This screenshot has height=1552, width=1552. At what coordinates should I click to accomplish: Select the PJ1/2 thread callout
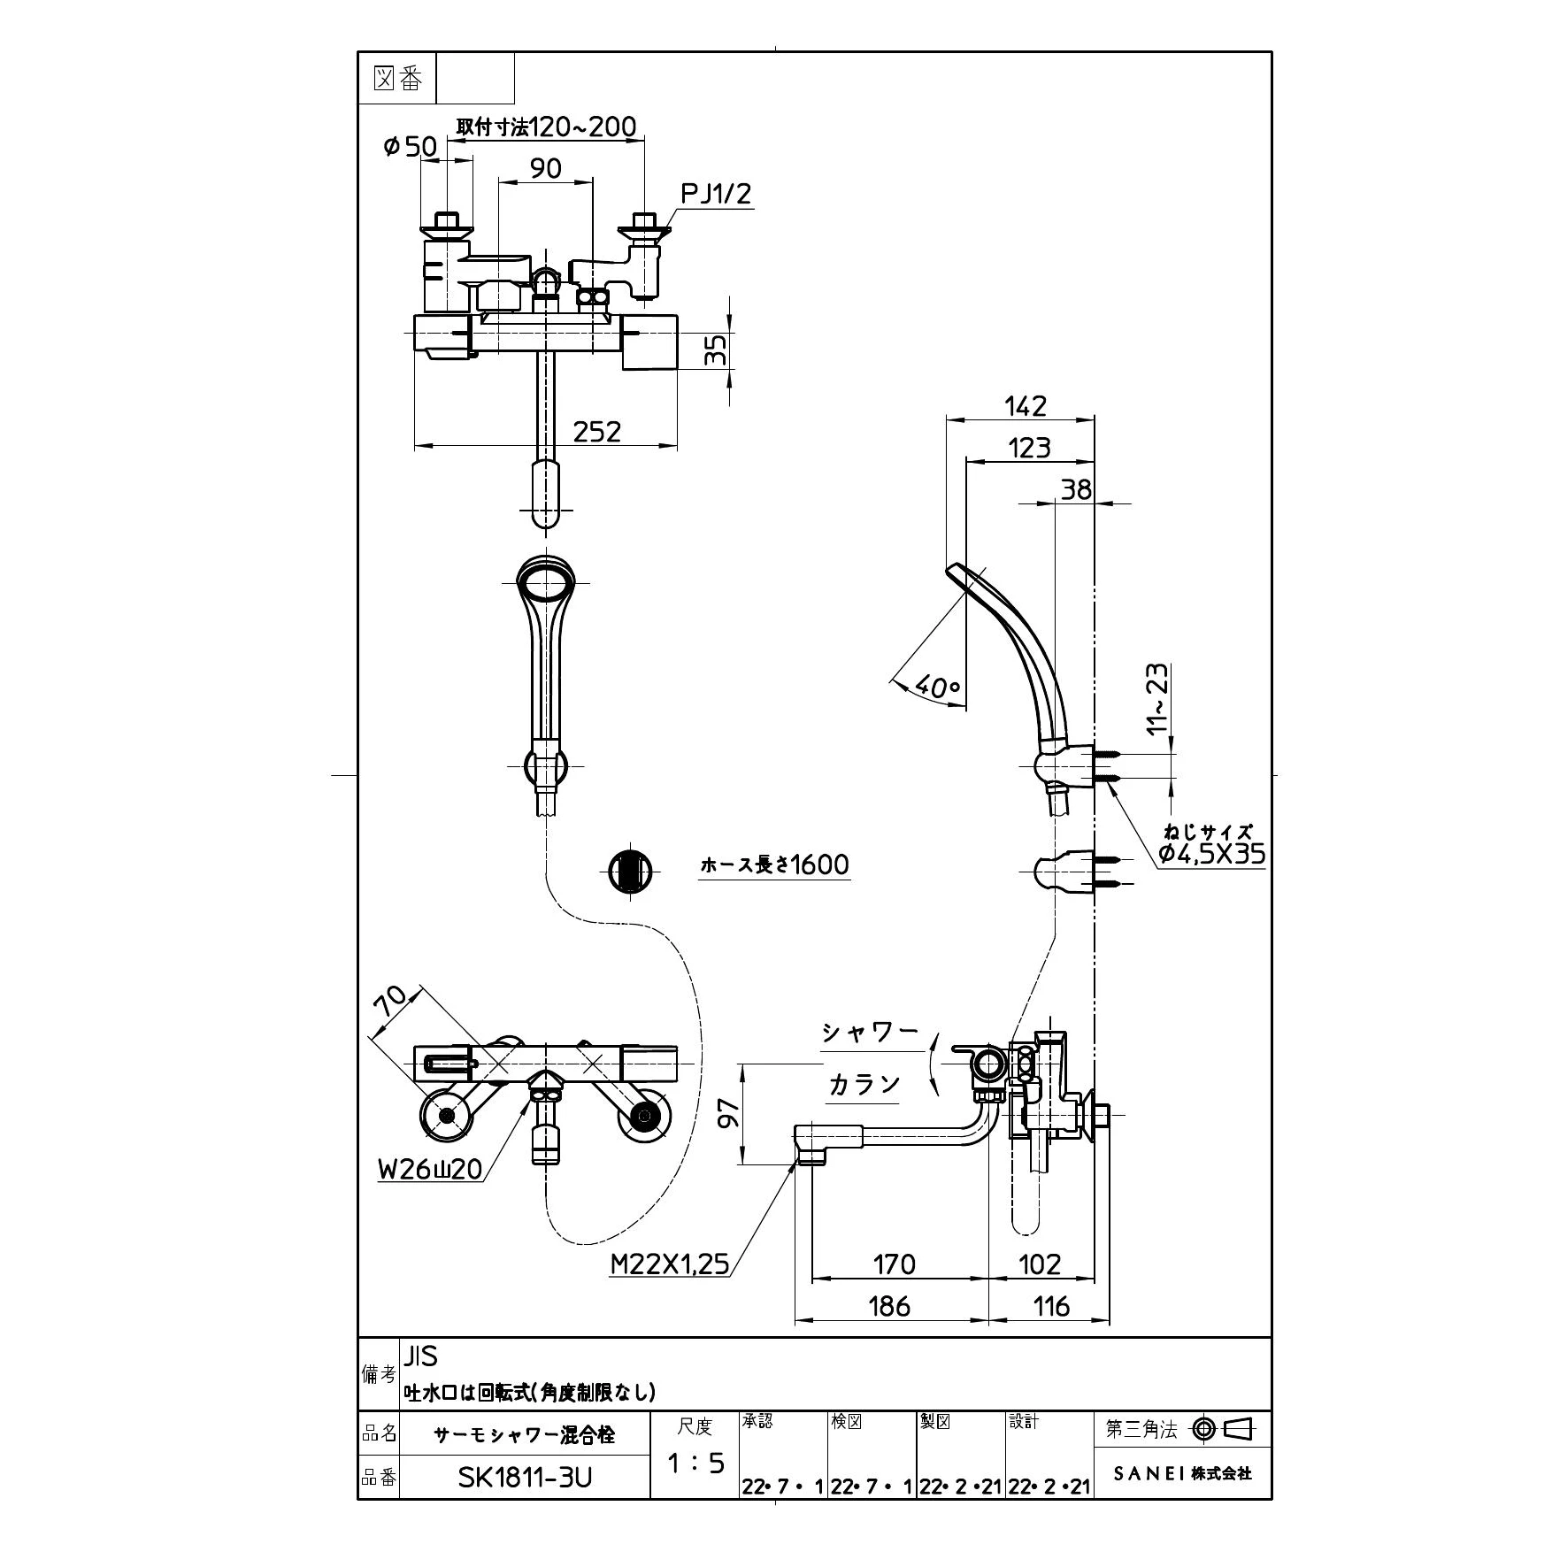coord(716,194)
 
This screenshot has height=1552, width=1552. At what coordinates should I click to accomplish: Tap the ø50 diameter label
coord(411,147)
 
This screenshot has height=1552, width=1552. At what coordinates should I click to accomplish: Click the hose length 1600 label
coord(774,864)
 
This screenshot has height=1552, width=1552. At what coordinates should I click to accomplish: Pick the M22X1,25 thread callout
coord(670,1264)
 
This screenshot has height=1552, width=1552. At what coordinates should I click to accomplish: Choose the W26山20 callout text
coord(431,1169)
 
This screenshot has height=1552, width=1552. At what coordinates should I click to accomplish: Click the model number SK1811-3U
coord(525,1478)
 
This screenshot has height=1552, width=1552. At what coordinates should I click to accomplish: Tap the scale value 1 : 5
coord(695,1464)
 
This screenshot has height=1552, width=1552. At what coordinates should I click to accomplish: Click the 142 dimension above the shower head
coord(1026,405)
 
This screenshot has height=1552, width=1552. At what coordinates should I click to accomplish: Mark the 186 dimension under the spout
coord(889,1306)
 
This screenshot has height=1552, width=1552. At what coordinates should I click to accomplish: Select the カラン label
coord(864,1084)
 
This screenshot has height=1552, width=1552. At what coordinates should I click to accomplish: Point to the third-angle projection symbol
coord(1225,1428)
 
